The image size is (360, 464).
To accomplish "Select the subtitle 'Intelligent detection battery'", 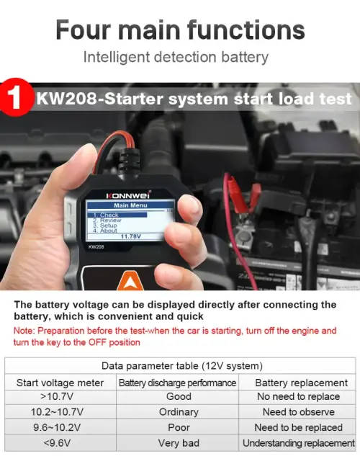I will (176, 56).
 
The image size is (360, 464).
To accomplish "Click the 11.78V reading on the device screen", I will (130, 236).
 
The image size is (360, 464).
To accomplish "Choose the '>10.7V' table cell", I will (60, 396).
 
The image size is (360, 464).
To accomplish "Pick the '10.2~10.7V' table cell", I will (60, 412).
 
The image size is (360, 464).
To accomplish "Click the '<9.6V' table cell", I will (60, 443).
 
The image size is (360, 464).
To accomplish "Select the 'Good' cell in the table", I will (178, 396).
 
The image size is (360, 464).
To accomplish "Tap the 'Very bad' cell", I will (178, 443).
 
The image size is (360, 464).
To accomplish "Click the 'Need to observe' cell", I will (298, 412).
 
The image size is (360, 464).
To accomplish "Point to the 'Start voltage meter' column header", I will (60, 383).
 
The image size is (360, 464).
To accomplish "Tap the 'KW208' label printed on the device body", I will (97, 247).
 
